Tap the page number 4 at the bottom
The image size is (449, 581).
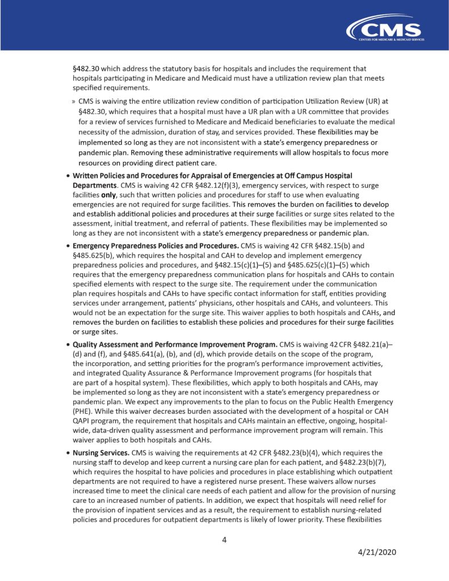[x=224, y=540]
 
